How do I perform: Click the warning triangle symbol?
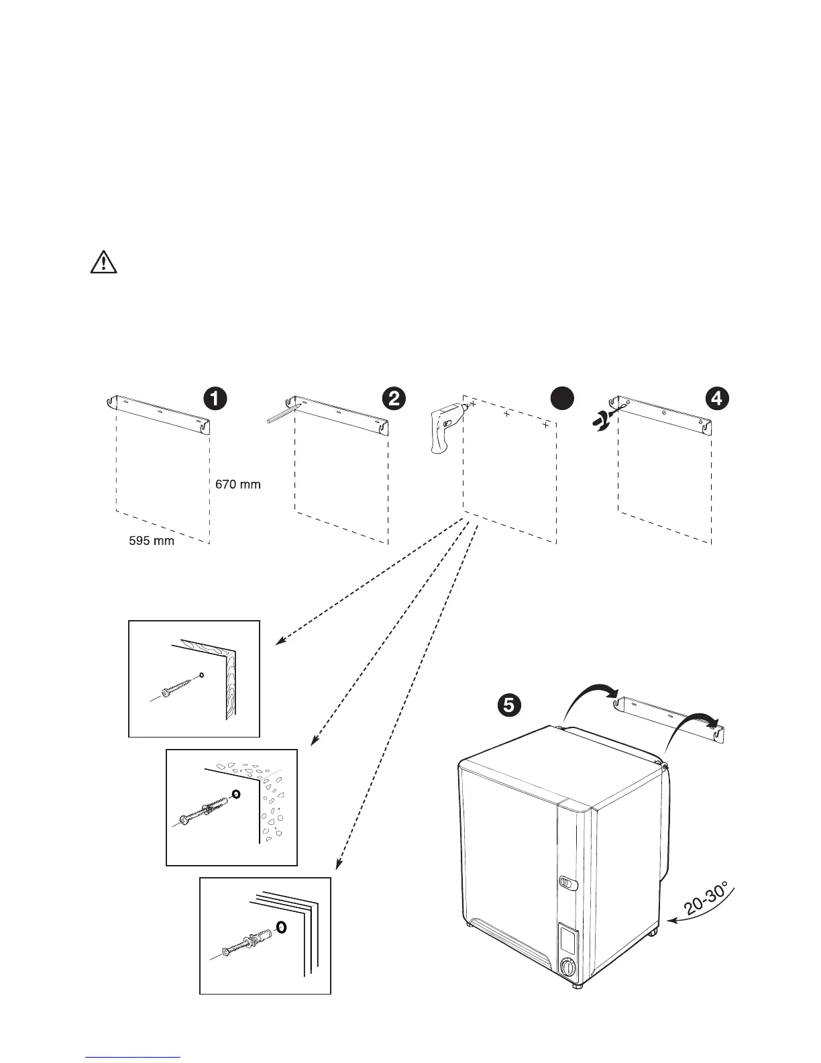coord(103,262)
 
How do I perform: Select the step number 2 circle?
coord(392,398)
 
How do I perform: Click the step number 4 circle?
coord(717,398)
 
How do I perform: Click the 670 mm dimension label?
coord(237,483)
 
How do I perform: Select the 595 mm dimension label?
coord(152,540)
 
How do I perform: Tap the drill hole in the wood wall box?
coord(202,674)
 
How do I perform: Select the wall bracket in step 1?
coord(159,415)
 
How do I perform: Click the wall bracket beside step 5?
coord(671,716)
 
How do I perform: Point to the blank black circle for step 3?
coord(562,398)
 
